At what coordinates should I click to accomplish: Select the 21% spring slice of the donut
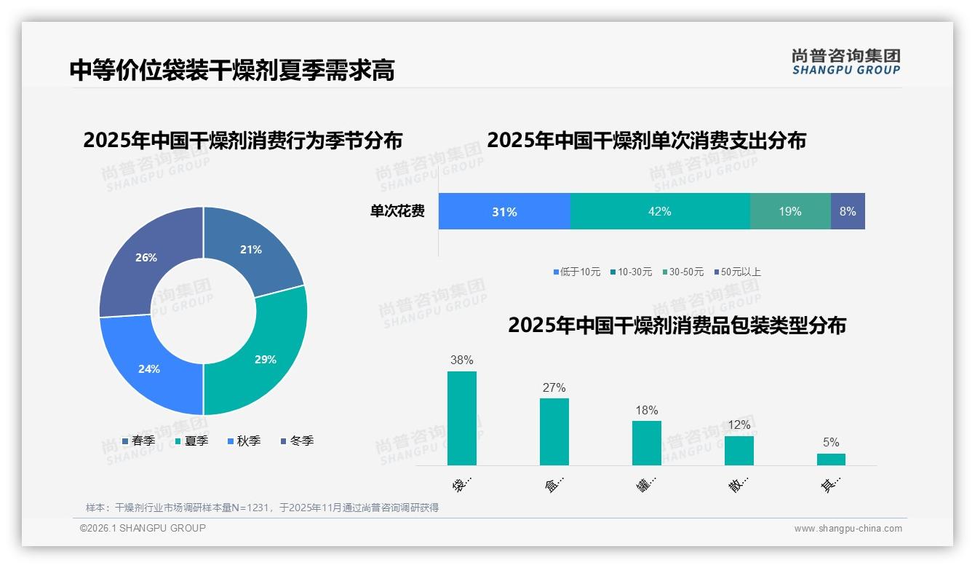(255, 248)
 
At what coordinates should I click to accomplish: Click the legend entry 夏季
(192, 441)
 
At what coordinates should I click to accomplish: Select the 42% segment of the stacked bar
(659, 211)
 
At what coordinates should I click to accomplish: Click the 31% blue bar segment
(504, 211)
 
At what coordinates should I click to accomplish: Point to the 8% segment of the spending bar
(848, 211)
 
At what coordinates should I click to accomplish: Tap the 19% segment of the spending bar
(790, 211)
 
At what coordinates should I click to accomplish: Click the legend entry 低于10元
(576, 272)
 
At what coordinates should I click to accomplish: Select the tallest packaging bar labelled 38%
(462, 418)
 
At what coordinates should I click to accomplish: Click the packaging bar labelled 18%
(646, 443)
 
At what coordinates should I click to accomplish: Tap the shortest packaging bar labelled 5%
(831, 459)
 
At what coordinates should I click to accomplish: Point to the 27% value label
(554, 388)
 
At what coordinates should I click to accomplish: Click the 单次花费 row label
(397, 211)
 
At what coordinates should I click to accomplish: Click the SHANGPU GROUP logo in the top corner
(845, 62)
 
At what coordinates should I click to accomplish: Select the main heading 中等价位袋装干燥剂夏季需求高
(232, 71)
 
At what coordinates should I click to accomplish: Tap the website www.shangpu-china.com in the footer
(848, 529)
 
